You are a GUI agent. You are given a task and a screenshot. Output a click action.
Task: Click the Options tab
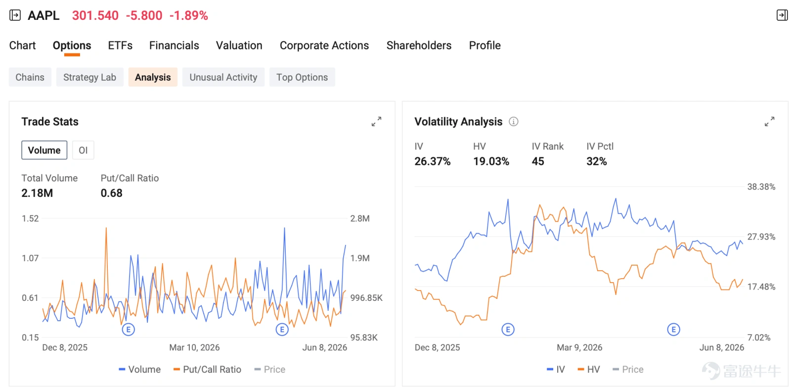tap(72, 46)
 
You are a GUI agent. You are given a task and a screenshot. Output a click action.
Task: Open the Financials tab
tap(174, 46)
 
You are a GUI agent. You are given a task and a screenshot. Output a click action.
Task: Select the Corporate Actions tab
tap(324, 46)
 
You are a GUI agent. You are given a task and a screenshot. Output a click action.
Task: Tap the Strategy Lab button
tap(89, 77)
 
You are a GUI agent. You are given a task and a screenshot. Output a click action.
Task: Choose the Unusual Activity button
tap(223, 77)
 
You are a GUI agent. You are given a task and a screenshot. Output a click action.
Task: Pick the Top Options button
tap(302, 77)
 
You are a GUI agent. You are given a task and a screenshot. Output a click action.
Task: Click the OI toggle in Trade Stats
tap(83, 150)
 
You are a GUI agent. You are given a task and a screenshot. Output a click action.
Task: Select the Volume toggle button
tap(44, 150)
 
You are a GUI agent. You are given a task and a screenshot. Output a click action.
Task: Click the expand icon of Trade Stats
tap(376, 122)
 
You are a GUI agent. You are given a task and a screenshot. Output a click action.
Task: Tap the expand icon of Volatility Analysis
tap(769, 122)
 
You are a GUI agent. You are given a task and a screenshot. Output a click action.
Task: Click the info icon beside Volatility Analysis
tap(514, 122)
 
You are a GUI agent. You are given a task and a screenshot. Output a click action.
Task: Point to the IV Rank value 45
tap(538, 162)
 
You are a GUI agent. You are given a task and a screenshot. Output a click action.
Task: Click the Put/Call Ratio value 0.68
tap(112, 193)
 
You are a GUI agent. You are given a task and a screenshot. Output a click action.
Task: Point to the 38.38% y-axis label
tap(761, 187)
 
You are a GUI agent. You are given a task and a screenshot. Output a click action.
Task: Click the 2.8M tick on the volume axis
tap(360, 219)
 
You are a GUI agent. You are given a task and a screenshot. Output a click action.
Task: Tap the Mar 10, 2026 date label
tap(195, 347)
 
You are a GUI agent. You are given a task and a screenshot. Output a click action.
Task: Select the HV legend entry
tap(589, 370)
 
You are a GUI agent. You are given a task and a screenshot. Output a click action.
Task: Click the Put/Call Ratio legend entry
tap(207, 370)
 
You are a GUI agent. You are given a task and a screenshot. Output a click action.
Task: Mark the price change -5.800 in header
tap(144, 15)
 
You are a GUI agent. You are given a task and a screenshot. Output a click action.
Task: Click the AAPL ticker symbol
tap(44, 15)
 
